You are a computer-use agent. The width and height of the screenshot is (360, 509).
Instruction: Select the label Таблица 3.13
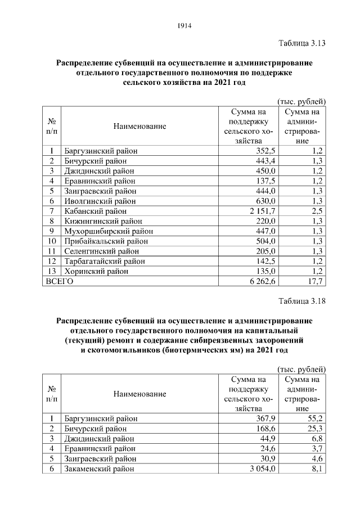coord(302,43)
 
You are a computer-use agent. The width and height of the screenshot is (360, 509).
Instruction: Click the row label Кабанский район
coord(93,211)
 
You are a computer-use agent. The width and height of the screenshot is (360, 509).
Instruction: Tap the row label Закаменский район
coord(99,469)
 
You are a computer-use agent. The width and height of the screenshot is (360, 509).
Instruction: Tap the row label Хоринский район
coord(96,271)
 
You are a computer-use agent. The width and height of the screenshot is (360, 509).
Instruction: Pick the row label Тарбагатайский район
coord(104,261)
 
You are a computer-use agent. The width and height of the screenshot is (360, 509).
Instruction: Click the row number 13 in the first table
coord(51,271)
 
